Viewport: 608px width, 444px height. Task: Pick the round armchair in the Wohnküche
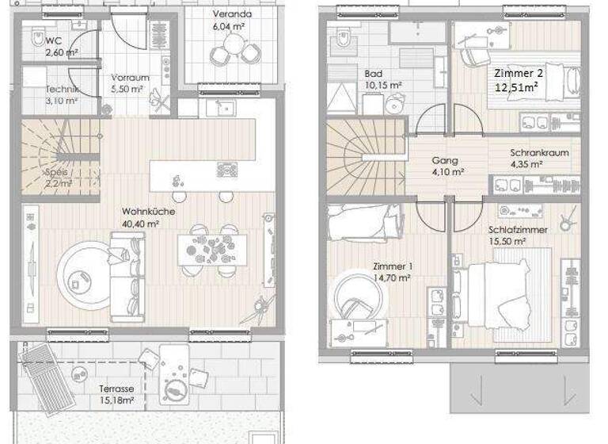82,270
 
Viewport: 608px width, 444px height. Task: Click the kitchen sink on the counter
224,108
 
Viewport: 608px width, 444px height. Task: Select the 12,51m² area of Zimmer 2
518,86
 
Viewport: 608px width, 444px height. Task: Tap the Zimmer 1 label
392,266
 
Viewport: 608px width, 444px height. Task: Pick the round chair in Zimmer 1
355,297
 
